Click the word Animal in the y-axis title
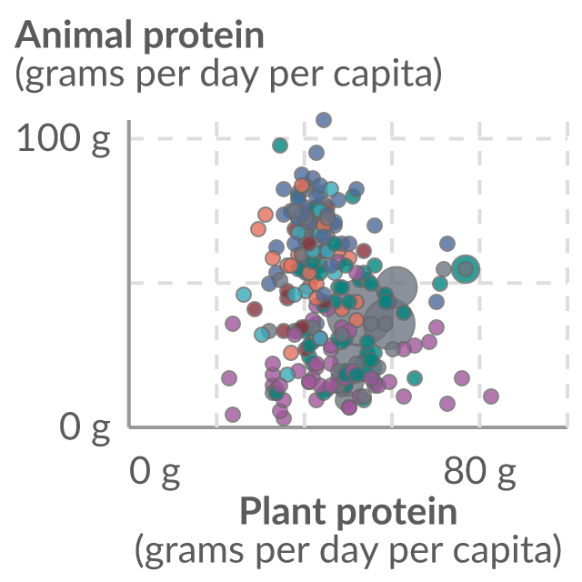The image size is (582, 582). (74, 35)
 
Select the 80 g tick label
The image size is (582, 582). (479, 472)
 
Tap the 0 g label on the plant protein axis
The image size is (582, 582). (154, 472)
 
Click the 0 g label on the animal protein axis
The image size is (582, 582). (85, 427)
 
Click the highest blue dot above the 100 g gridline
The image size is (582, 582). (324, 120)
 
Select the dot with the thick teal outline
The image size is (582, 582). (466, 269)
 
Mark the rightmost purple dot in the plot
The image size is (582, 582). (491, 396)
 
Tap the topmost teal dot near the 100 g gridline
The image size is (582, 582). (280, 145)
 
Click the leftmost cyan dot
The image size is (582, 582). (244, 295)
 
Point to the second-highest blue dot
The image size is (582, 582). (316, 153)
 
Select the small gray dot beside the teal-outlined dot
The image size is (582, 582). (444, 268)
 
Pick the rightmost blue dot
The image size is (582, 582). (447, 244)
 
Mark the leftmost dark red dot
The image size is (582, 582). (255, 309)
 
